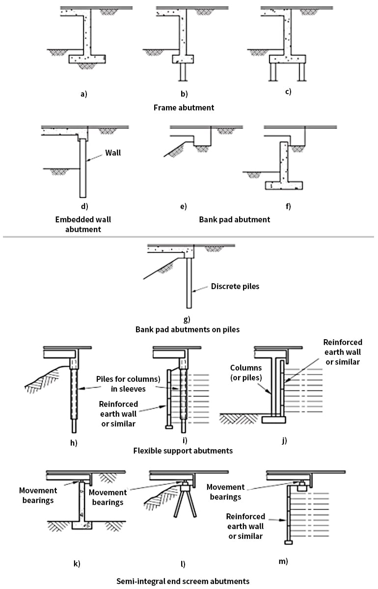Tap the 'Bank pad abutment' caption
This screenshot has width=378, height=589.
pos(235,219)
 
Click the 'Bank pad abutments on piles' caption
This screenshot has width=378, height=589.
pos(188,329)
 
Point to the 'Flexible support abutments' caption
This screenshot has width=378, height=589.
pos(183,450)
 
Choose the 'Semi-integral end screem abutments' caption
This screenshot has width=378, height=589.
pos(183,581)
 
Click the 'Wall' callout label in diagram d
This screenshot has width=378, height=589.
pos(113,153)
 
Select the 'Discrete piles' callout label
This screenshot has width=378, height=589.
pos(235,286)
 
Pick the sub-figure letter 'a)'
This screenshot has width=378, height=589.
pos(84,93)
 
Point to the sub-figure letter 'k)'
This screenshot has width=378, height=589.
pos(77,563)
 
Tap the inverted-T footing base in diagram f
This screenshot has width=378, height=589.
pos(283,186)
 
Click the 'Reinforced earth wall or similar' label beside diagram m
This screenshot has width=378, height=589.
pos(246,526)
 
